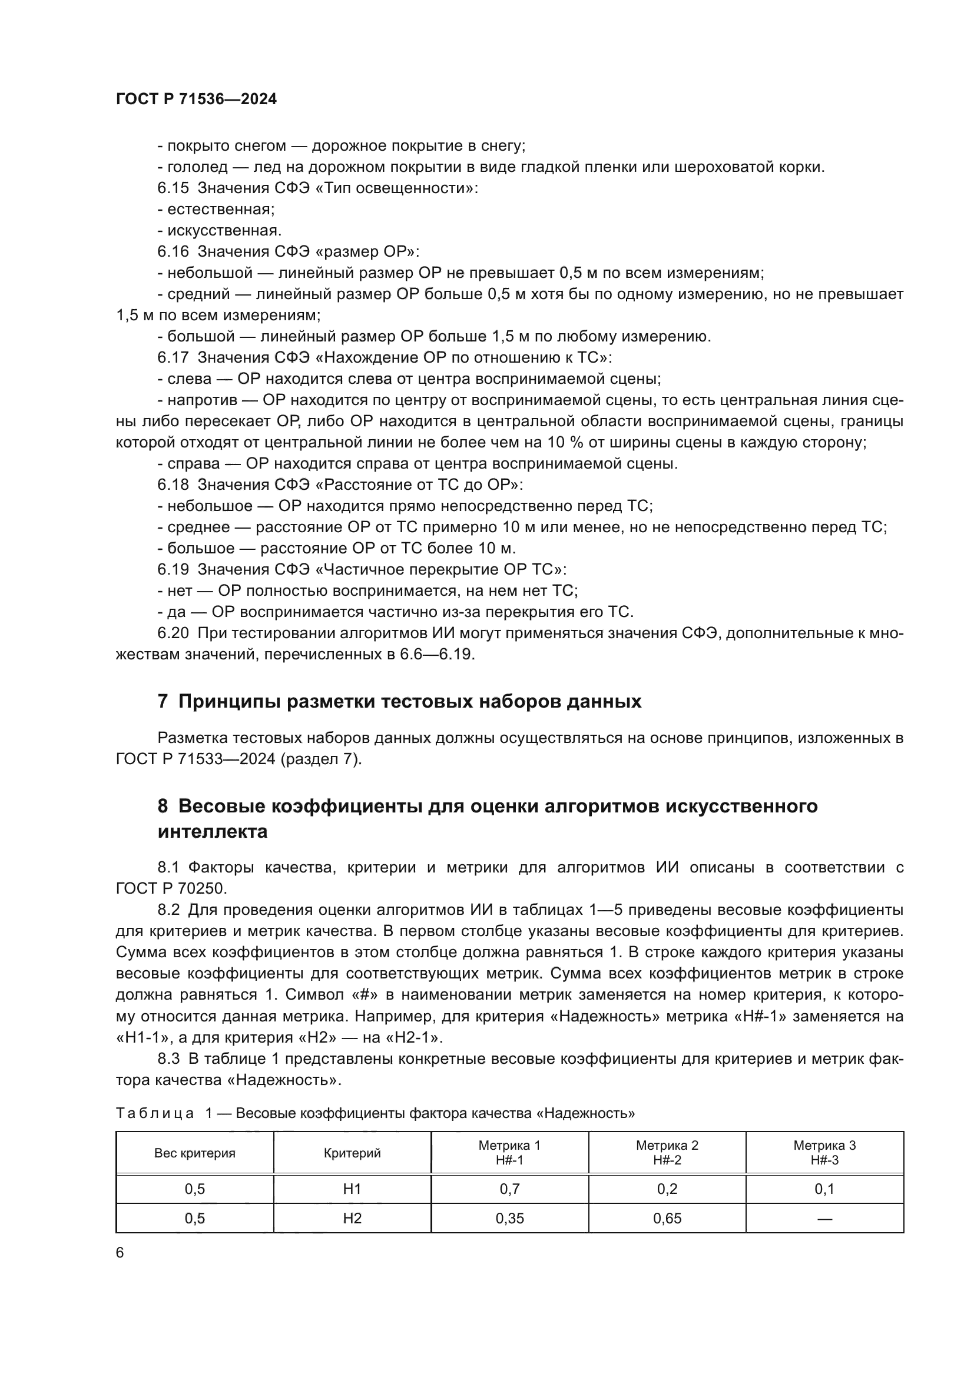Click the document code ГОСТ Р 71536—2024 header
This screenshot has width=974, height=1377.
pyautogui.click(x=196, y=99)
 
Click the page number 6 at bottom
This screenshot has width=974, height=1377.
pyautogui.click(x=120, y=1253)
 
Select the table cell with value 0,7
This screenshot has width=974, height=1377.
pyautogui.click(x=509, y=1189)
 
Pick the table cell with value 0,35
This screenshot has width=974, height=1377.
pyautogui.click(x=509, y=1218)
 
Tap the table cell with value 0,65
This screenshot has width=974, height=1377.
pyautogui.click(x=667, y=1218)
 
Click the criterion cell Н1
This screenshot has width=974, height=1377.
pyautogui.click(x=352, y=1189)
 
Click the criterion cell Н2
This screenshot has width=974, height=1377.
pyautogui.click(x=352, y=1218)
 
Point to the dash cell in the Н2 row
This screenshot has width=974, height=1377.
pyautogui.click(x=824, y=1218)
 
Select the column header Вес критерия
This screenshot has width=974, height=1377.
pyautogui.click(x=195, y=1153)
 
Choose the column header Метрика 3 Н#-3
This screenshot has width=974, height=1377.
pyautogui.click(x=824, y=1153)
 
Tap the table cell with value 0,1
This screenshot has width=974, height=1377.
pyautogui.click(x=824, y=1189)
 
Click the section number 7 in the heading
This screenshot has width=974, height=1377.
pyautogui.click(x=163, y=701)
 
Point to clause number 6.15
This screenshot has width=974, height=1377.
pyautogui.click(x=173, y=188)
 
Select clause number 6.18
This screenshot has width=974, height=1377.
pyautogui.click(x=173, y=485)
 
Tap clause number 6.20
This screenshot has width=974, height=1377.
pyautogui.click(x=173, y=633)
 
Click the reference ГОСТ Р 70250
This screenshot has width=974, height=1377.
pyautogui.click(x=171, y=888)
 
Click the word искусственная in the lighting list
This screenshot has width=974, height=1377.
pyautogui.click(x=224, y=231)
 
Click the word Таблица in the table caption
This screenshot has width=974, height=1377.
pyautogui.click(x=155, y=1114)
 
